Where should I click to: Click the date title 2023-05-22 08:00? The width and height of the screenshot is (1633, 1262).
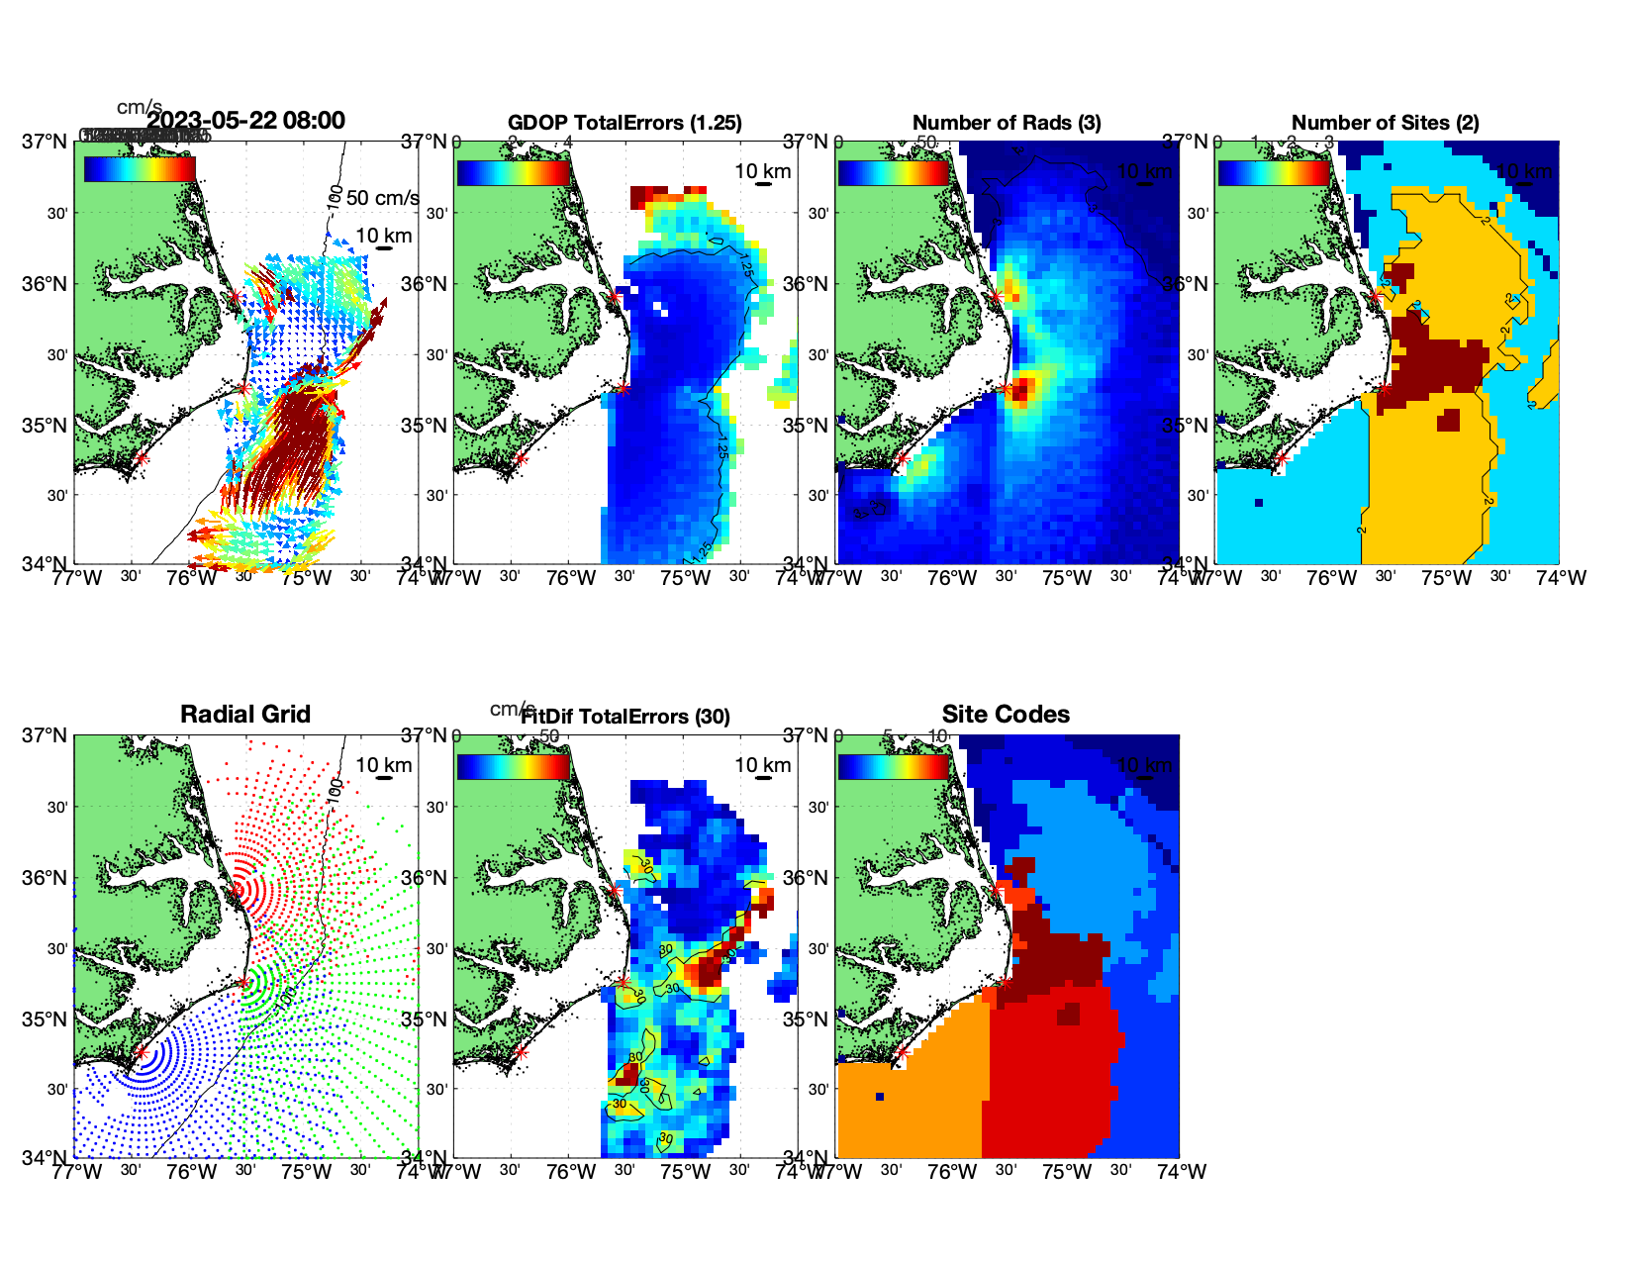point(245,121)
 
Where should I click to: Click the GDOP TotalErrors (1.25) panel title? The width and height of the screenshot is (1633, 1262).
point(624,123)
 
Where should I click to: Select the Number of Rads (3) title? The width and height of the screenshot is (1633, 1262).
point(1007,123)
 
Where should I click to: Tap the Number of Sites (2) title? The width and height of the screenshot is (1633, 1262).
point(1385,123)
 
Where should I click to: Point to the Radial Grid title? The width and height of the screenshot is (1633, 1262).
point(245,715)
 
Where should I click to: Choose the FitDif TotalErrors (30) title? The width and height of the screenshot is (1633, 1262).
point(624,717)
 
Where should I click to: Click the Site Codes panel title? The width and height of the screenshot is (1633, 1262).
point(1006,715)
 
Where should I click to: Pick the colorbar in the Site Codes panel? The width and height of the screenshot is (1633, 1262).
point(893,766)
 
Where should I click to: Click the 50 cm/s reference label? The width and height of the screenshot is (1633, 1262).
point(382,198)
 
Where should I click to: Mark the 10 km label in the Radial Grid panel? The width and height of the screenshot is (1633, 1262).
point(383,765)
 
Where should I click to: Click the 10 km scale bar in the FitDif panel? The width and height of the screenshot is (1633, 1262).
point(763,778)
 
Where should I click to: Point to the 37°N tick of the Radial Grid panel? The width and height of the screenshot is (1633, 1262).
point(45,735)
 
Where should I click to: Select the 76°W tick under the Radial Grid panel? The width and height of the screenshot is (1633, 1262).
point(191,1172)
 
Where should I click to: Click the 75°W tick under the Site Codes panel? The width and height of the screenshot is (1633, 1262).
point(1067,1172)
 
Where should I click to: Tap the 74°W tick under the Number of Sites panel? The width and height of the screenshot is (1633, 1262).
point(1561,578)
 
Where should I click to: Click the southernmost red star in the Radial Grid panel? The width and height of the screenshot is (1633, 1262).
point(141,1052)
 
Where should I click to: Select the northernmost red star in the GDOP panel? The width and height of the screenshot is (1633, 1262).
point(614,296)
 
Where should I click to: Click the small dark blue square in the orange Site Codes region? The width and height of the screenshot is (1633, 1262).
point(880,1097)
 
